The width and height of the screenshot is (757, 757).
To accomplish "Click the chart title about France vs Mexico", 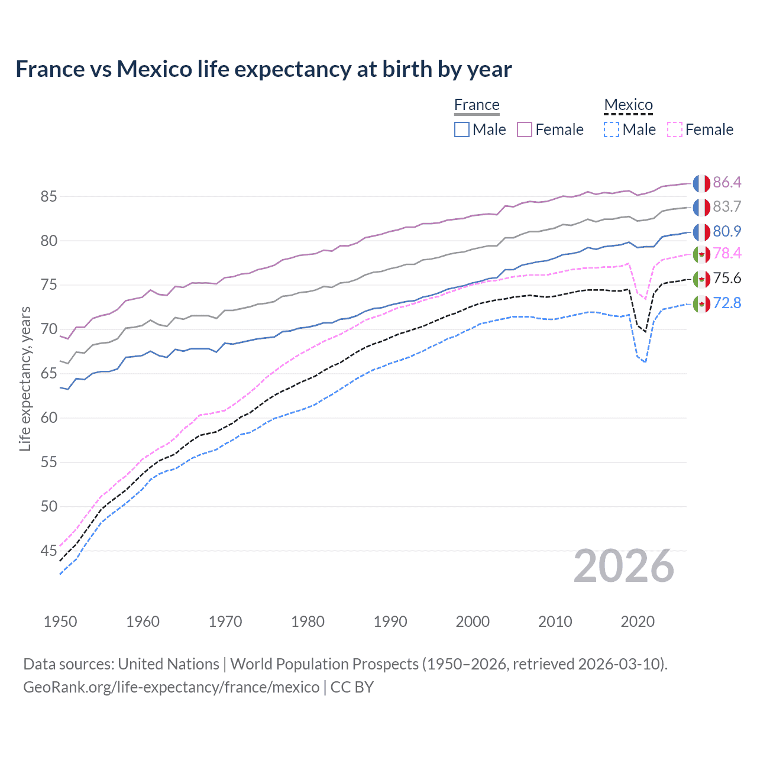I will pyautogui.click(x=263, y=69).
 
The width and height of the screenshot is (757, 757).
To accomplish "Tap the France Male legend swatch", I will pyautogui.click(x=462, y=130).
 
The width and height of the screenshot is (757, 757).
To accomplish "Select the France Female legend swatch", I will pyautogui.click(x=525, y=130).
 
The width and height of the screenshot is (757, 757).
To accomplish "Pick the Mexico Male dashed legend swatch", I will pyautogui.click(x=612, y=130).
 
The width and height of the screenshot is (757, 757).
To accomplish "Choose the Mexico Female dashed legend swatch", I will pyautogui.click(x=675, y=130).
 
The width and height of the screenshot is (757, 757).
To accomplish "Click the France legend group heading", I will pyautogui.click(x=477, y=105).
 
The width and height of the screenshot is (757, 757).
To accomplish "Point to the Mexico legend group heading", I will pyautogui.click(x=628, y=105).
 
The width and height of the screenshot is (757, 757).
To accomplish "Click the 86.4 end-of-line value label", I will pyautogui.click(x=727, y=182).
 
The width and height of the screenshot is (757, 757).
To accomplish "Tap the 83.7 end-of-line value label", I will pyautogui.click(x=727, y=206).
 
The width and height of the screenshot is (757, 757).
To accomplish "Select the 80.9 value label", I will pyautogui.click(x=727, y=231).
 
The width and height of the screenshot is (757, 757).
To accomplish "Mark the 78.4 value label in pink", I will pyautogui.click(x=727, y=254).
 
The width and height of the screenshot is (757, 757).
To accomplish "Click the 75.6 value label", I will pyautogui.click(x=727, y=279).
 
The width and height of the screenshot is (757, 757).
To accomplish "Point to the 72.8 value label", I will pyautogui.click(x=727, y=303).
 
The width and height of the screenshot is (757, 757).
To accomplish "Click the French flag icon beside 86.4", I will pyautogui.click(x=701, y=183).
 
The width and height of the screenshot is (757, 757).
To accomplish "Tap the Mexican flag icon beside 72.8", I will pyautogui.click(x=701, y=304).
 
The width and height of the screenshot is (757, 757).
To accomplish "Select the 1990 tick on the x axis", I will pyautogui.click(x=390, y=622).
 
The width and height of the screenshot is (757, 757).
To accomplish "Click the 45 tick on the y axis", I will pyautogui.click(x=48, y=551).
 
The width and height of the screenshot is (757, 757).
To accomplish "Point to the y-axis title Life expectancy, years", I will pyautogui.click(x=25, y=378).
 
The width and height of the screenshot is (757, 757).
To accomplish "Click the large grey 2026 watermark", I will pyautogui.click(x=624, y=567).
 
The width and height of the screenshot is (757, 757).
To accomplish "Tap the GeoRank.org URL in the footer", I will pyautogui.click(x=171, y=687).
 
